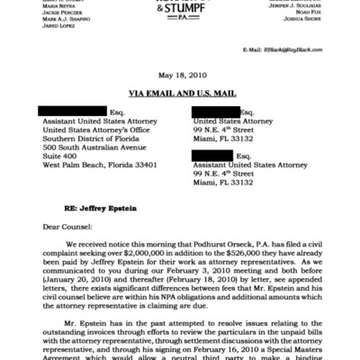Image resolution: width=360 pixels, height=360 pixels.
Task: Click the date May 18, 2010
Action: tap(180, 76)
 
